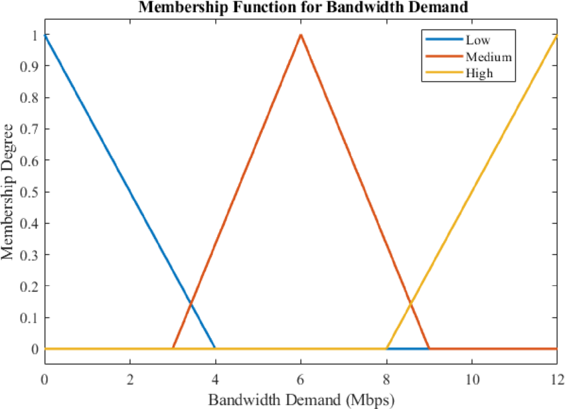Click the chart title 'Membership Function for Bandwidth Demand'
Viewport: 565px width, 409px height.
point(300,8)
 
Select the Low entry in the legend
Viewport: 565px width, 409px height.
point(477,41)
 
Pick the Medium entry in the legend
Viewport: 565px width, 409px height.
point(488,57)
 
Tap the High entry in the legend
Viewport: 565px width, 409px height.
point(479,73)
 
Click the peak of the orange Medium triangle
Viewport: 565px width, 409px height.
point(301,35)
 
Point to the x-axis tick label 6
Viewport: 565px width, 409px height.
point(301,379)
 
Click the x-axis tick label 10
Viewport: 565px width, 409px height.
point(472,379)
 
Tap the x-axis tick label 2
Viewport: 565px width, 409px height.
point(130,379)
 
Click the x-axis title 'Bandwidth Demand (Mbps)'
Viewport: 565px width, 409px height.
point(300,399)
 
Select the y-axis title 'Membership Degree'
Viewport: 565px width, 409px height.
point(8,192)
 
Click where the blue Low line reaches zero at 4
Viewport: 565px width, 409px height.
point(215,349)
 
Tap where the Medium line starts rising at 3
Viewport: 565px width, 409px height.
point(173,349)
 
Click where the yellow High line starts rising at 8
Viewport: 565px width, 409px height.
point(386,349)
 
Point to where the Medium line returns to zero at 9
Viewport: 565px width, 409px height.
point(428,349)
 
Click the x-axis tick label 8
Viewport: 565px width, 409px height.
point(386,379)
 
